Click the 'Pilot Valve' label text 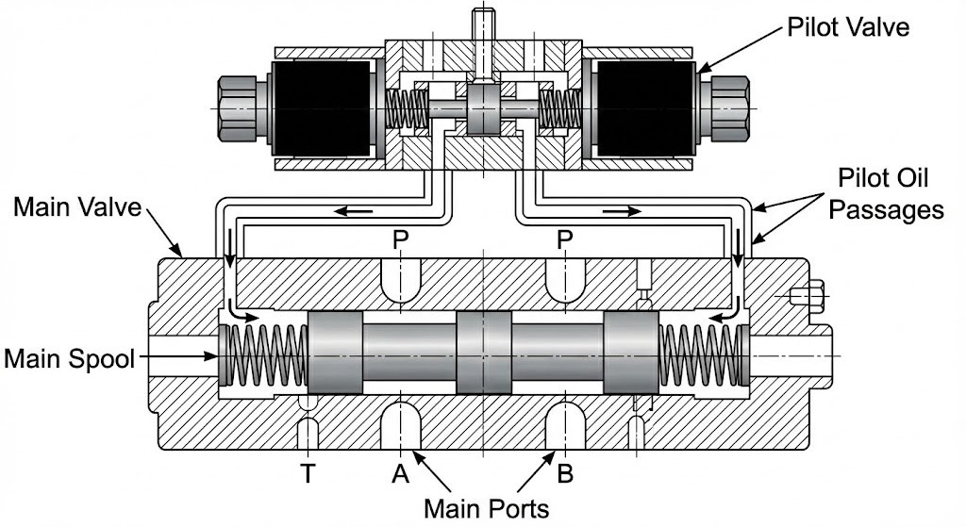848,26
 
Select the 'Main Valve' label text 76,206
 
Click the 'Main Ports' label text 486,508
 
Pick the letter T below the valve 307,474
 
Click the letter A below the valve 401,474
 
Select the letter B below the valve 565,474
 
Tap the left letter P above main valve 401,241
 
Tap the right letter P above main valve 565,241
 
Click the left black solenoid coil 321,108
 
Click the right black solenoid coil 645,108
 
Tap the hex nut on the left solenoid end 238,108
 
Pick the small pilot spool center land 483,108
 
